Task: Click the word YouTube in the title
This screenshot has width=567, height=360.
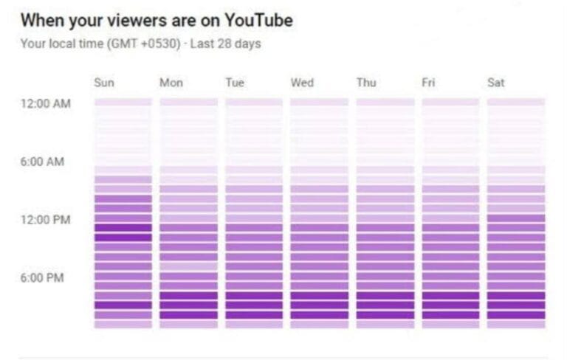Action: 259,20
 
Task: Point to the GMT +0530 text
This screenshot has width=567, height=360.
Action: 144,44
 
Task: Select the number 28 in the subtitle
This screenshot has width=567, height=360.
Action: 224,44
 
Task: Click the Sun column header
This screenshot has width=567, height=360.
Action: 104,83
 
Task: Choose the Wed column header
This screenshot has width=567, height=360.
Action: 302,83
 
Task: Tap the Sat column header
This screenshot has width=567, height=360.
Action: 496,83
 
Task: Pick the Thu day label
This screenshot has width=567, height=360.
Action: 366,83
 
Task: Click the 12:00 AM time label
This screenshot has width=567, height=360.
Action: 46,104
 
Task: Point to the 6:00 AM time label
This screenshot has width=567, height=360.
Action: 42,162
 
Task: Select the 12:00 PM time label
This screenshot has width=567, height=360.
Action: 46,220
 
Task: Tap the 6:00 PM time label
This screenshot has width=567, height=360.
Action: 42,278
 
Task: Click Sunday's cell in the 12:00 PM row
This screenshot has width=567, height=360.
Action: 123,218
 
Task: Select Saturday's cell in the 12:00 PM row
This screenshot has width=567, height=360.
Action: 516,218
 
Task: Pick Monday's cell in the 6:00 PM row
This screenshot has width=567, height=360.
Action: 189,277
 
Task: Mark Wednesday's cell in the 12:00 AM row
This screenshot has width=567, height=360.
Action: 319,103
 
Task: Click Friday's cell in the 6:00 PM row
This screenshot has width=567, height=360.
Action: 450,277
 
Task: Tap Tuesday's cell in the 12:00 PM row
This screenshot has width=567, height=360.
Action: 254,218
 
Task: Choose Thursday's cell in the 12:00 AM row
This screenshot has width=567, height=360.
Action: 385,103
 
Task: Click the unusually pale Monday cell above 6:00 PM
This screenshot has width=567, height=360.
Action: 189,267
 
